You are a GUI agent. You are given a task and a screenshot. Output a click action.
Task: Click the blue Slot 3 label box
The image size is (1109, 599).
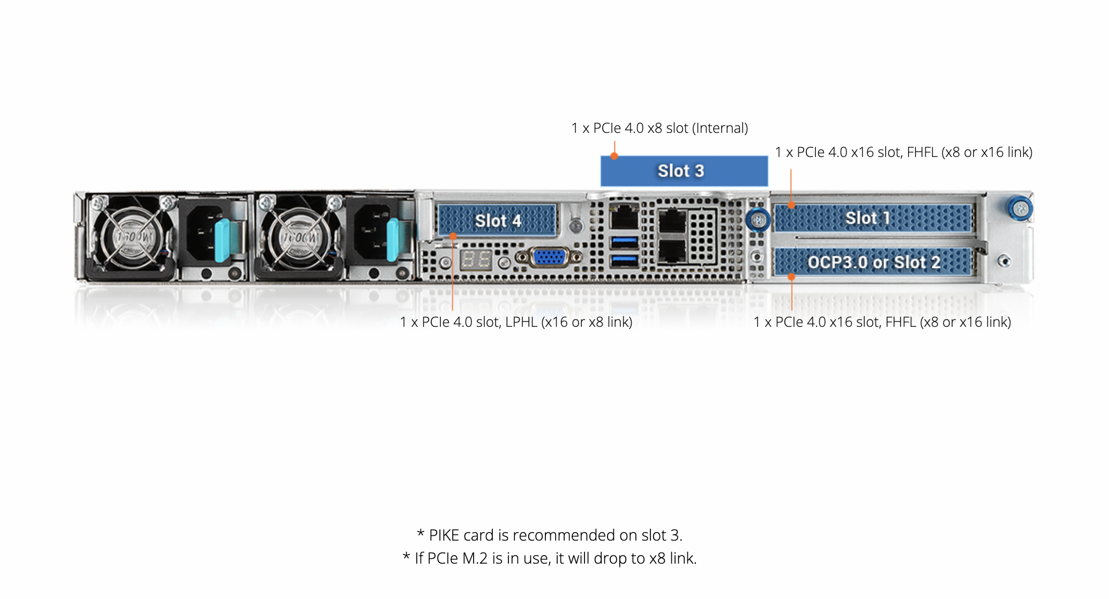pyautogui.click(x=684, y=171)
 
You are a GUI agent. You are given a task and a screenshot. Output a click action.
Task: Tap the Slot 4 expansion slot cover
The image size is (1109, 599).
pyautogui.click(x=497, y=220)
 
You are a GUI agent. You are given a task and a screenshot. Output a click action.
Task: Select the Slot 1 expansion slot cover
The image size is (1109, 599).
pyautogui.click(x=873, y=218)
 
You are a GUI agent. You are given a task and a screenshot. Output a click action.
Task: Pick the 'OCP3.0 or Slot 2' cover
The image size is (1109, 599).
pyautogui.click(x=873, y=262)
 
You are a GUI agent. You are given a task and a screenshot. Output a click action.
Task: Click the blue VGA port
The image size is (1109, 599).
pyautogui.click(x=549, y=257)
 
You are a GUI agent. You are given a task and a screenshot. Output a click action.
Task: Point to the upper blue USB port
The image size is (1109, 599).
pyautogui.click(x=624, y=242)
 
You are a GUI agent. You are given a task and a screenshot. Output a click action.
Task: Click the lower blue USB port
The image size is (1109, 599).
pyautogui.click(x=624, y=261)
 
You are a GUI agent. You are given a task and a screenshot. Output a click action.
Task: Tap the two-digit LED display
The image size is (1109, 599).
pyautogui.click(x=476, y=260)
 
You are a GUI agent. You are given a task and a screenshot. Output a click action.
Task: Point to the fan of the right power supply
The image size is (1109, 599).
pyautogui.click(x=299, y=236)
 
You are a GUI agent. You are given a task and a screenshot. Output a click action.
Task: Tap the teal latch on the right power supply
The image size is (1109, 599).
pyautogui.click(x=393, y=239)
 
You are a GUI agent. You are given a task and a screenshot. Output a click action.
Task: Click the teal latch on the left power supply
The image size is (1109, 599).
pyautogui.click(x=222, y=239)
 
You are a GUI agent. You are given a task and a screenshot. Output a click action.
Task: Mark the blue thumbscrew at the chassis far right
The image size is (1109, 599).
pyautogui.click(x=1020, y=209)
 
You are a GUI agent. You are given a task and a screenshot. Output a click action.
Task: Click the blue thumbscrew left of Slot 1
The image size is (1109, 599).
pyautogui.click(x=758, y=219)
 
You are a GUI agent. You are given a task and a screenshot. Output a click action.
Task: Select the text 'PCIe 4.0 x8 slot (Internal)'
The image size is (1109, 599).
pyautogui.click(x=670, y=129)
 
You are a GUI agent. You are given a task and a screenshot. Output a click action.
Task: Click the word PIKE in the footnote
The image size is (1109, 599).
pyautogui.click(x=444, y=535)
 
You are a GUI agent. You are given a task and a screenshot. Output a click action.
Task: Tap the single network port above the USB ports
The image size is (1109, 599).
pyautogui.click(x=624, y=216)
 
